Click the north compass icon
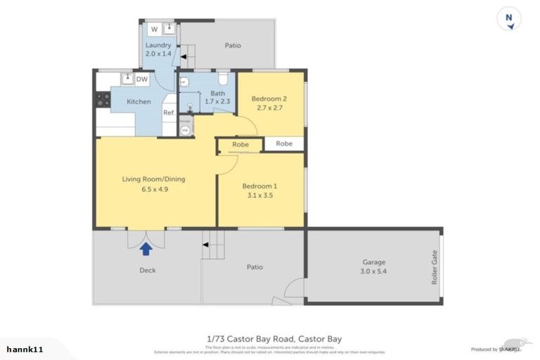[509, 19]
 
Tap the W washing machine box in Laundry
[154, 29]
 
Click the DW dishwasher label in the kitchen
[141, 79]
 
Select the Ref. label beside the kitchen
[169, 112]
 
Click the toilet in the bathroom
[223, 77]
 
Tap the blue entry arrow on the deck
[146, 247]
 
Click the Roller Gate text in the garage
[434, 267]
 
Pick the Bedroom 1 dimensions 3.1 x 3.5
[259, 195]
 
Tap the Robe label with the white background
[284, 143]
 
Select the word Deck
[147, 270]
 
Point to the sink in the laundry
[169, 28]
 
